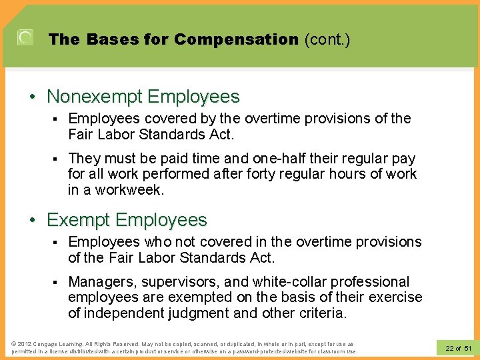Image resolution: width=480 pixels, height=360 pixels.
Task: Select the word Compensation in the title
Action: tap(237, 39)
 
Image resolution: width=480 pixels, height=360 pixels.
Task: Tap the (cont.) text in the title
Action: tap(327, 39)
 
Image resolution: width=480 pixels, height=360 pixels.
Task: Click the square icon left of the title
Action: tap(25, 38)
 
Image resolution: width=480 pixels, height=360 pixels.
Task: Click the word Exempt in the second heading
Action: tap(79, 219)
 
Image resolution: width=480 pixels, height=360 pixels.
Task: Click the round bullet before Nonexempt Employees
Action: tap(33, 97)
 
